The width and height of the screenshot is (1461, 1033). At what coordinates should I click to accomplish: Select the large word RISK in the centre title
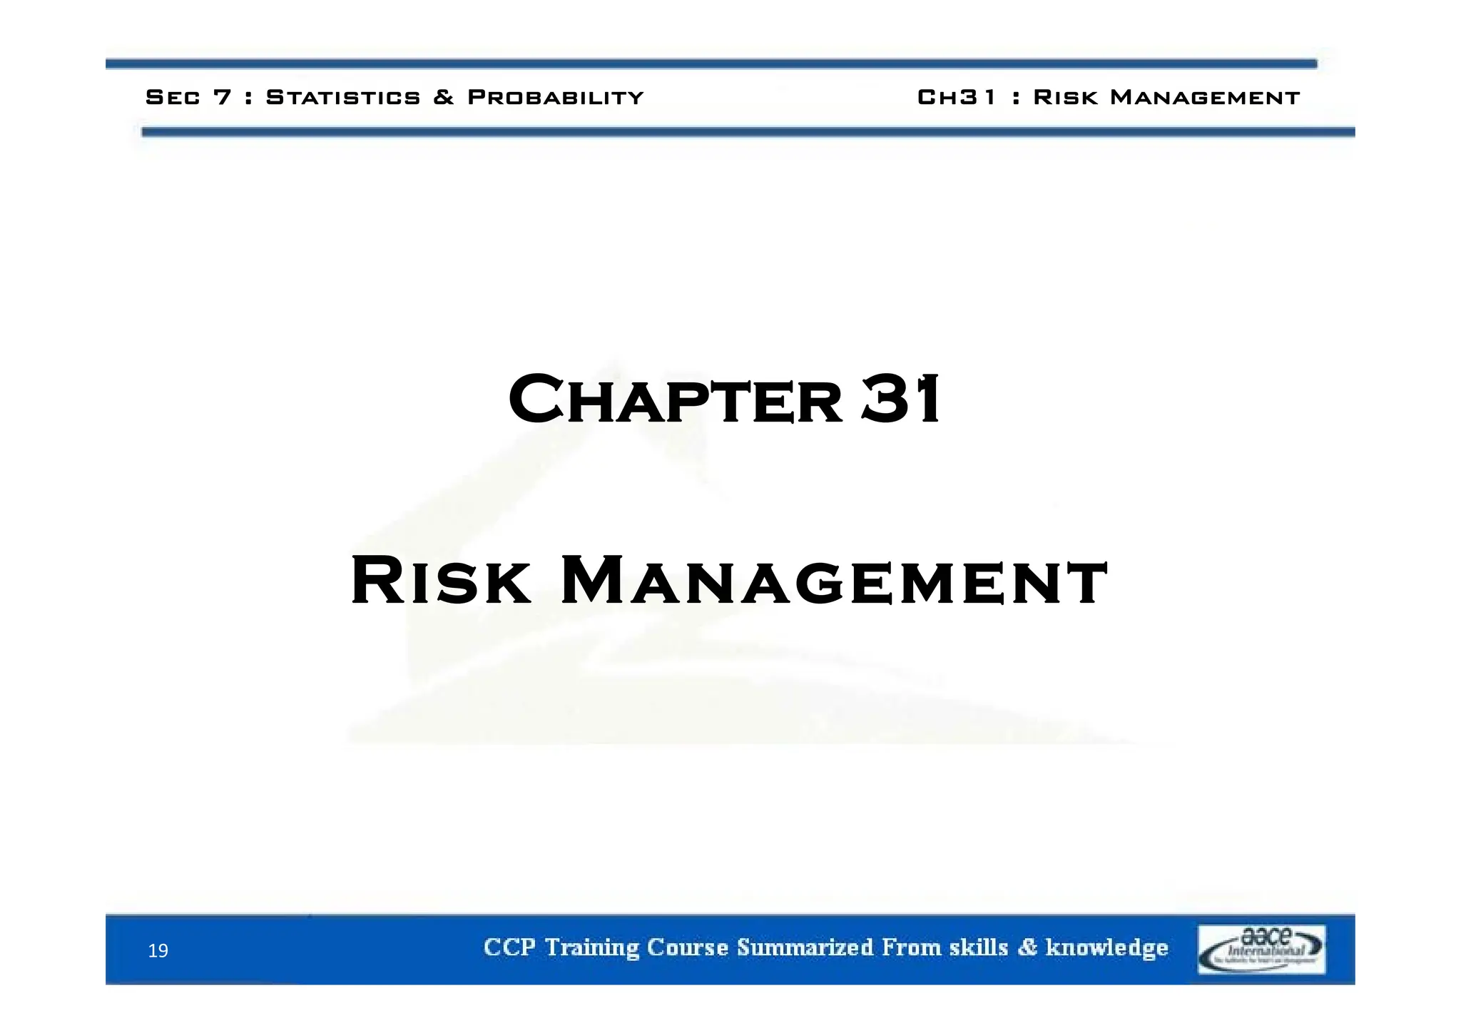click(440, 581)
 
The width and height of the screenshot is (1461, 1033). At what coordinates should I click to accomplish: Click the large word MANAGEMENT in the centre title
click(834, 581)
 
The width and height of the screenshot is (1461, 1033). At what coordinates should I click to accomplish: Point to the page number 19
click(158, 950)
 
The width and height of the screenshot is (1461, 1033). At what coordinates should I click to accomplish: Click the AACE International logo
click(1261, 949)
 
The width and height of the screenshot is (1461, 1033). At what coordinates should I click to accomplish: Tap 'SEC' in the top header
click(173, 97)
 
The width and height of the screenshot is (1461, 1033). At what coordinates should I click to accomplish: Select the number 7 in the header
click(223, 97)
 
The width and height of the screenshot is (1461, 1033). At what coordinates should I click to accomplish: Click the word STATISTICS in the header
click(343, 97)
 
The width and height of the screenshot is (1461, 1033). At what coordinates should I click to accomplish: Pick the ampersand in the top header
click(444, 97)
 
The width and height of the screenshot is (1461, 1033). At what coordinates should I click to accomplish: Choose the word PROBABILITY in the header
click(556, 97)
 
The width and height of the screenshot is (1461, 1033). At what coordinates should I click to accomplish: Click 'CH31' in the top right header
click(956, 97)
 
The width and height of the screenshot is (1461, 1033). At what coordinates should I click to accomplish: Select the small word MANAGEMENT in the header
click(1205, 97)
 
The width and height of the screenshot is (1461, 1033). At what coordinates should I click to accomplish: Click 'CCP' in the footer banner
click(509, 947)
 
